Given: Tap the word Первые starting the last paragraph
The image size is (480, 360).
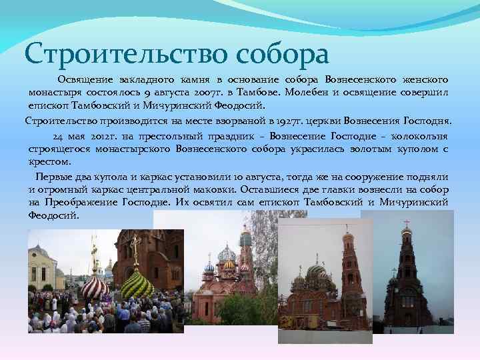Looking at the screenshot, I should tap(53, 176).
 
